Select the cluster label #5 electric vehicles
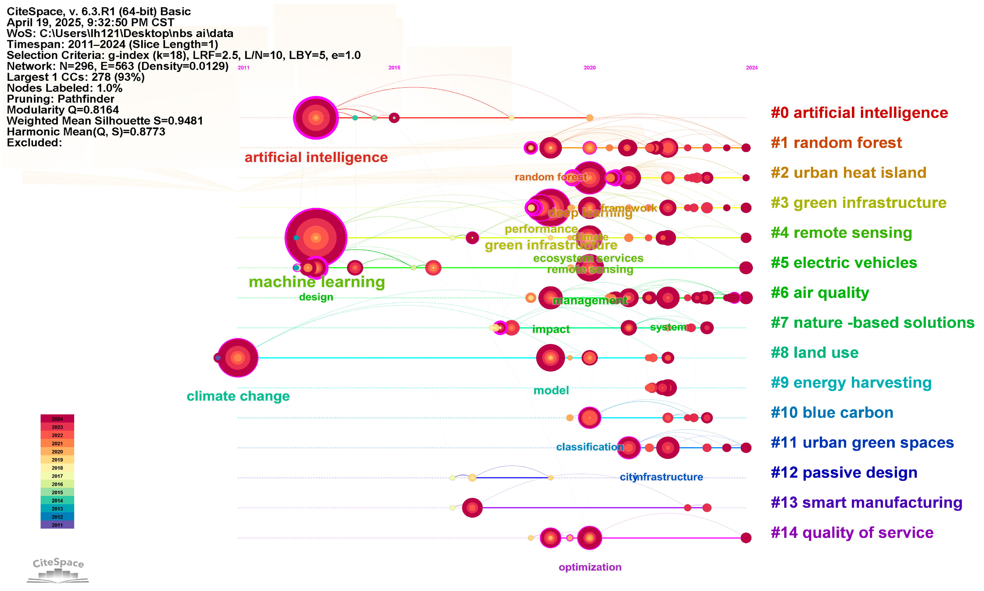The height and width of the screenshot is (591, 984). click(844, 263)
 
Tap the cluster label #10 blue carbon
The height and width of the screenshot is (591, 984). click(832, 412)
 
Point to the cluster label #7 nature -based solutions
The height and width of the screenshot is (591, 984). click(872, 323)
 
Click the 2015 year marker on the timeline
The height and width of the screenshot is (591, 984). click(394, 68)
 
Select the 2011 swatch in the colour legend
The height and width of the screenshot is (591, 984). click(57, 525)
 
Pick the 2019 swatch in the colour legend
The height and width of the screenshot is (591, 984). click(57, 460)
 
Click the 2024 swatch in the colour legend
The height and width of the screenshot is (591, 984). click(57, 418)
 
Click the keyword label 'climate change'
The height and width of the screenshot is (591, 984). click(238, 396)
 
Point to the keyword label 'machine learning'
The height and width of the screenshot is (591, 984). click(317, 282)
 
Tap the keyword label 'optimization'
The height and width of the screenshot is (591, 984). click(590, 567)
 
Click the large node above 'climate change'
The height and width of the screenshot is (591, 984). click(238, 358)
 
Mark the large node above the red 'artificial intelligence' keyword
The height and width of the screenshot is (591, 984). click(316, 118)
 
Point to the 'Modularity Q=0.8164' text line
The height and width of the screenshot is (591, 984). click(63, 110)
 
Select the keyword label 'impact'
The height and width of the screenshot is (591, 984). click(551, 329)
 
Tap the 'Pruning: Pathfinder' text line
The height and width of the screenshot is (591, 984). click(60, 99)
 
